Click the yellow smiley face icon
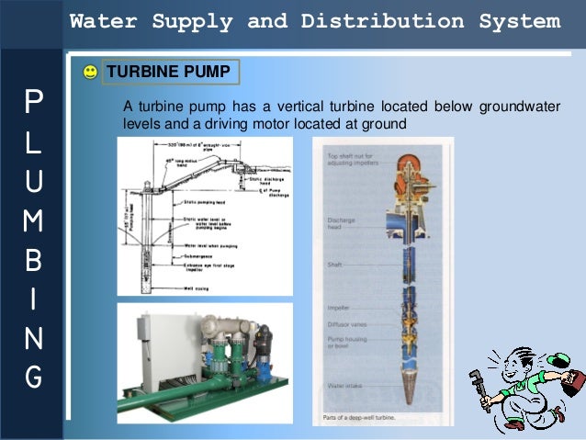pyautogui.click(x=89, y=71)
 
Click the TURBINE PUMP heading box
pyautogui.click(x=172, y=71)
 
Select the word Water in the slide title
pyautogui.click(x=101, y=20)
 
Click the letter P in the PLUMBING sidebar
pyautogui.click(x=34, y=100)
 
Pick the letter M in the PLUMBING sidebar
pyautogui.click(x=34, y=218)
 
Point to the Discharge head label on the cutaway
pyautogui.click(x=342, y=223)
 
